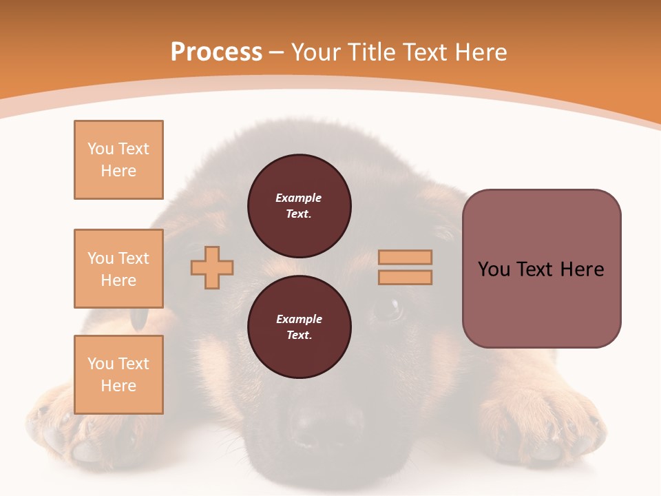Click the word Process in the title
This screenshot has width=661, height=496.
[x=216, y=52]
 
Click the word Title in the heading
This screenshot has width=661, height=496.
[x=372, y=52]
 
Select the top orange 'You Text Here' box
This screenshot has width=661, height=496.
[x=118, y=160]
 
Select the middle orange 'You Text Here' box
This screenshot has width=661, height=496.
[x=118, y=269]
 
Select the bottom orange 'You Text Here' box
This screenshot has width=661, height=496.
[x=118, y=375]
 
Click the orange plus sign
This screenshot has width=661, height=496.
[x=212, y=267]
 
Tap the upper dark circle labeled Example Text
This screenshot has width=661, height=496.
[x=299, y=206]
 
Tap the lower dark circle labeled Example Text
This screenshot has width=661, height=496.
[x=299, y=327]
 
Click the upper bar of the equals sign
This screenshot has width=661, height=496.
[x=405, y=257]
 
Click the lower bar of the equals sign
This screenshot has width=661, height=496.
[x=405, y=278]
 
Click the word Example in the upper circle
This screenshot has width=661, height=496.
[x=299, y=198]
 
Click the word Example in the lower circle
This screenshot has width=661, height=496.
[x=299, y=319]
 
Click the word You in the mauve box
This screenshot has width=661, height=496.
[x=494, y=269]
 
